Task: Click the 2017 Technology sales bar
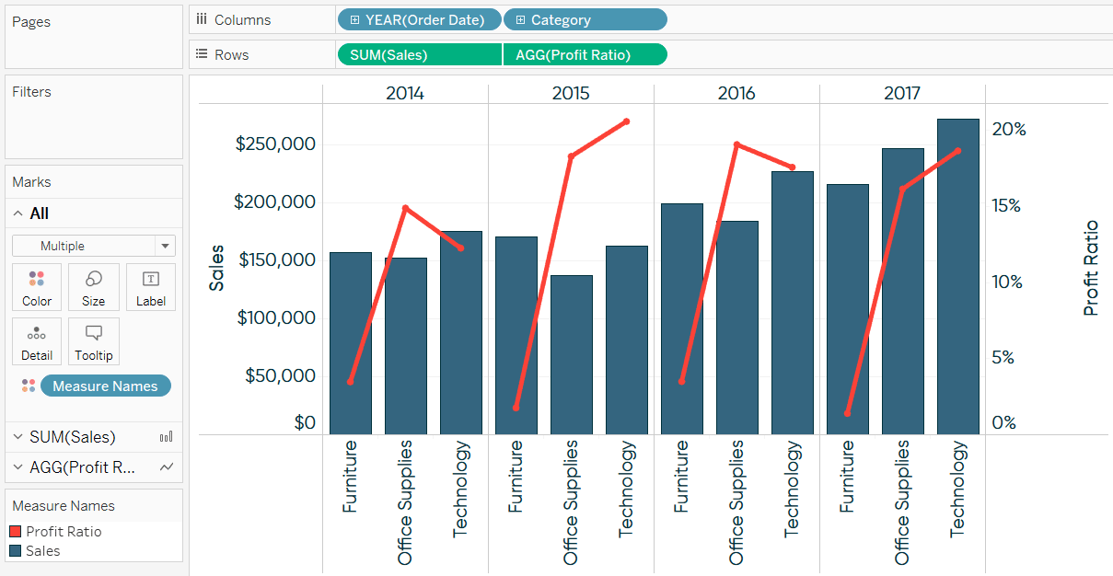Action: pyautogui.click(x=957, y=276)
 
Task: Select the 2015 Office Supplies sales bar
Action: pyautogui.click(x=571, y=354)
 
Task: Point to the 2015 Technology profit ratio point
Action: pyautogui.click(x=626, y=121)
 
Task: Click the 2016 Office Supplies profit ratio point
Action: pyautogui.click(x=736, y=144)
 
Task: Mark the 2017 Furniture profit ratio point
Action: pyautogui.click(x=847, y=413)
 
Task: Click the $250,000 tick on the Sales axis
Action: pyautogui.click(x=275, y=144)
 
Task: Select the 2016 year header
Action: pyautogui.click(x=736, y=93)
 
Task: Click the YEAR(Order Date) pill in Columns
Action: pyautogui.click(x=419, y=19)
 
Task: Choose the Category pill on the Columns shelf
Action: pyautogui.click(x=585, y=19)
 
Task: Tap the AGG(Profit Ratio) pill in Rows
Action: pyautogui.click(x=585, y=54)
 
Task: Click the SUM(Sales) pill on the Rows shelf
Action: pyautogui.click(x=419, y=54)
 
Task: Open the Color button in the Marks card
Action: pyautogui.click(x=37, y=288)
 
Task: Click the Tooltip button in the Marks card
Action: pyautogui.click(x=93, y=341)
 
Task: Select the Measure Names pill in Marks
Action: pyautogui.click(x=105, y=386)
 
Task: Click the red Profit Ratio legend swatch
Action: pyautogui.click(x=15, y=532)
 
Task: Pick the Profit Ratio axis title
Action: pyautogui.click(x=1091, y=268)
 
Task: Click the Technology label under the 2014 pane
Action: pyautogui.click(x=461, y=489)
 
